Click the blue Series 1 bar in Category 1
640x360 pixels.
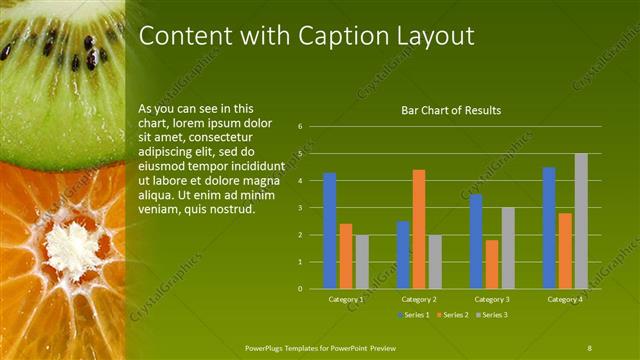[x=330, y=231]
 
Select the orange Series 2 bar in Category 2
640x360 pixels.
[x=419, y=229]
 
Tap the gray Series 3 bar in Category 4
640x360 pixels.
[x=581, y=221]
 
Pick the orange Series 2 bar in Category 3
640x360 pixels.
[x=492, y=264]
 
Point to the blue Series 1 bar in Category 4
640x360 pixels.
[x=549, y=228]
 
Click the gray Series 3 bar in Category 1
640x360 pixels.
[x=362, y=262]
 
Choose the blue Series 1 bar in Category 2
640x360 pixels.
[x=403, y=255]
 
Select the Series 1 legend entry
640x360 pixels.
[x=414, y=315]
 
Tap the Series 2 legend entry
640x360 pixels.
[x=454, y=315]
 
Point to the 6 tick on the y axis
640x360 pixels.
[x=300, y=127]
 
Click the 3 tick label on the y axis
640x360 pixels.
[x=300, y=208]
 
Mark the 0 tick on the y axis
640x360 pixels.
[x=300, y=289]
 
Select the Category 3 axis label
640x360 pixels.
[x=492, y=299]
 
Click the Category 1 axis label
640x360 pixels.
[x=346, y=299]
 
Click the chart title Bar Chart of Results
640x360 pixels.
[x=451, y=110]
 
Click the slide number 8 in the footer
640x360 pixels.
[x=589, y=347]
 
